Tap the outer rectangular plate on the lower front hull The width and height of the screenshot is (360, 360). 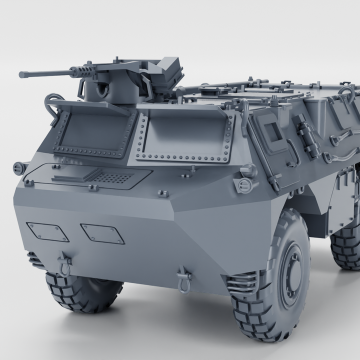(x=47, y=231)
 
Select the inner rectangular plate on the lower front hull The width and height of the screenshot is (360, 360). (x=102, y=233)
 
